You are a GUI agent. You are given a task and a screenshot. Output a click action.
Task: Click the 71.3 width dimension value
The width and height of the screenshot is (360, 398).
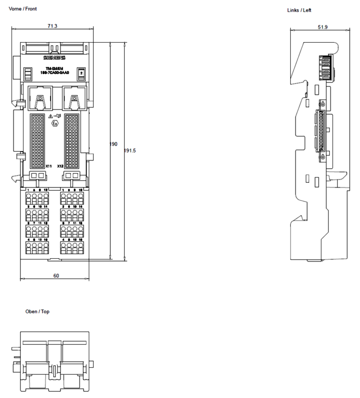(52, 26)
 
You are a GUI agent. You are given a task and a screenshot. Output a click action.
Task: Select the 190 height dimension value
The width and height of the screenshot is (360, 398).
(113, 144)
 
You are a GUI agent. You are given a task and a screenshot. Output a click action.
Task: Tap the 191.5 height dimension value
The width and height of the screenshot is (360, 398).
(130, 151)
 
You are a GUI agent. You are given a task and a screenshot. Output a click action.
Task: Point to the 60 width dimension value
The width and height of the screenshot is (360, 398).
(56, 275)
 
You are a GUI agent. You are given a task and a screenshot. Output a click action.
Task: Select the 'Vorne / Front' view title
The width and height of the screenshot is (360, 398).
(23, 9)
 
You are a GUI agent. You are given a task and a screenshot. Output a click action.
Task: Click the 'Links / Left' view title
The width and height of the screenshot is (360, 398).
(299, 10)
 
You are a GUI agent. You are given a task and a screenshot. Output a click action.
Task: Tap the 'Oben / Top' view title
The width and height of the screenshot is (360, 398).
(37, 312)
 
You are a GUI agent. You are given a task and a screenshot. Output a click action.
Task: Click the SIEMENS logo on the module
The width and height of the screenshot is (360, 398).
(55, 58)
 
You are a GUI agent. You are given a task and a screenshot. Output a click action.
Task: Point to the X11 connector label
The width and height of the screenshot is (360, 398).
(49, 166)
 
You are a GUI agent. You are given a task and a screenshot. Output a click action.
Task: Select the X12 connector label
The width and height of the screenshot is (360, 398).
(60, 166)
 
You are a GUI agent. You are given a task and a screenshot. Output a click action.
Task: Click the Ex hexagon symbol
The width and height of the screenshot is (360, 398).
(55, 123)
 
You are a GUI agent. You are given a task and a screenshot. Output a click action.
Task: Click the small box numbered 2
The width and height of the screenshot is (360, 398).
(81, 74)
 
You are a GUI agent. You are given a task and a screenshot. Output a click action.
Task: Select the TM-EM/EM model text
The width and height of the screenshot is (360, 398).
(54, 68)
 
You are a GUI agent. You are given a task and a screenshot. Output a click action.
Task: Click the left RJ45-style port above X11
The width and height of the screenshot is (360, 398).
(39, 98)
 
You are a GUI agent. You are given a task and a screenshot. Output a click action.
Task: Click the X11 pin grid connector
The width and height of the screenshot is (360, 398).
(39, 141)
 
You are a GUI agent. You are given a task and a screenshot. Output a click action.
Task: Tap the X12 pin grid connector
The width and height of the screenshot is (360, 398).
(72, 141)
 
